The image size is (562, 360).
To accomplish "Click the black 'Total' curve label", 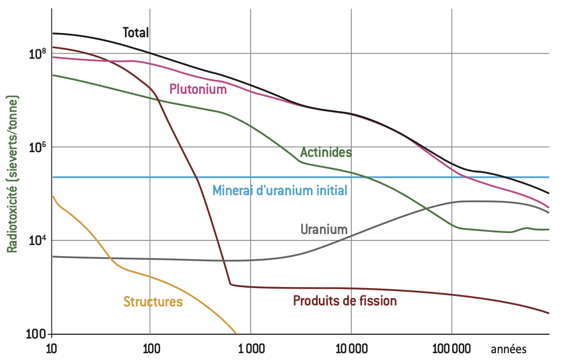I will pos(136,33).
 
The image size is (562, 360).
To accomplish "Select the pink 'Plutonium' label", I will pos(198,89).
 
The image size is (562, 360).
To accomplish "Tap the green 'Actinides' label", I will pos(326,153).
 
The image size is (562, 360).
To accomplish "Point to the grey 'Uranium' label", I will pos(324,229).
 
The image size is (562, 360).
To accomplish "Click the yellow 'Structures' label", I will pos(153,302).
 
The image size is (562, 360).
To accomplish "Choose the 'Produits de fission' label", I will pos(345,301).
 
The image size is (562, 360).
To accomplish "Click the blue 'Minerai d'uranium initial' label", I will pos(280,190).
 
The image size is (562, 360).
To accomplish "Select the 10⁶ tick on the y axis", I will pos(39,147).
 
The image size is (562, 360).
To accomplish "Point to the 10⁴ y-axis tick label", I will pos(39,241).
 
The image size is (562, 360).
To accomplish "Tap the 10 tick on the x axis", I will pos(51,348).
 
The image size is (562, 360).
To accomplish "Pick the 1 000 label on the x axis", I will pos(251,348).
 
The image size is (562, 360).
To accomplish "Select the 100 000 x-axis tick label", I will pos(451,348).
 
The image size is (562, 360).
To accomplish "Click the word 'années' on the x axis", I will pos(508,348).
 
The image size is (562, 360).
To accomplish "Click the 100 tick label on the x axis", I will pos(151,348).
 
